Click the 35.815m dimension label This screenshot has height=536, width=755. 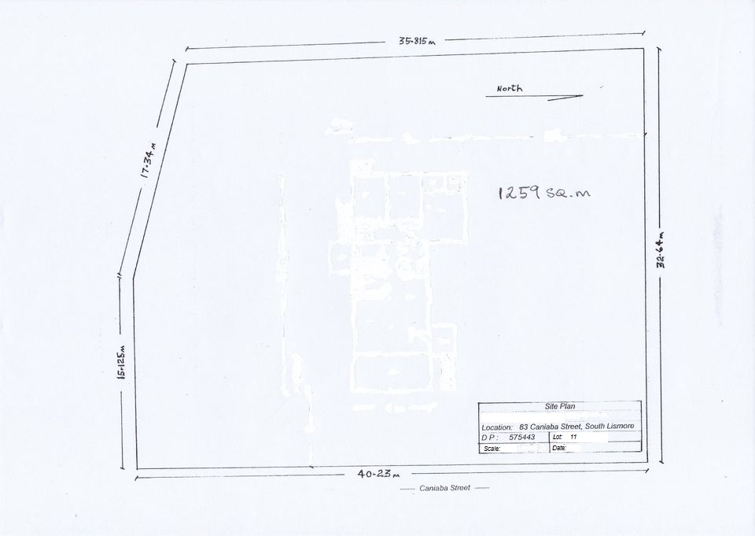tap(417, 41)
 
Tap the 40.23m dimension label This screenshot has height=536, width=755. tap(378, 475)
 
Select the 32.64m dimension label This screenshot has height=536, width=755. tap(661, 249)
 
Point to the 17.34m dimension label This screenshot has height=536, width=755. tap(149, 160)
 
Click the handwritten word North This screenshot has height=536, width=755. tap(510, 88)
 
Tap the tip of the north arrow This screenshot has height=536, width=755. tap(583, 95)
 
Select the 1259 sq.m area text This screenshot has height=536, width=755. tap(544, 193)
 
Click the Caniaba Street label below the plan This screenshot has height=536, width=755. tap(444, 488)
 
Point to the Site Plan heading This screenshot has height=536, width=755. tap(559, 406)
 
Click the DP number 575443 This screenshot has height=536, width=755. tap(522, 437)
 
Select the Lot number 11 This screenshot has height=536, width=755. tap(573, 437)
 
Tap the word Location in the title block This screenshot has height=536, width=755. tap(497, 427)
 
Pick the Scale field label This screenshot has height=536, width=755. tap(492, 449)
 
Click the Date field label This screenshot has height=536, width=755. tap(559, 448)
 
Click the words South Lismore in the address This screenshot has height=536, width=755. tap(610, 426)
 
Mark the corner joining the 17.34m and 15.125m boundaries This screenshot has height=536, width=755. tap(134, 278)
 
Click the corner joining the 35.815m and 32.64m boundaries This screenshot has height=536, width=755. tap(644, 48)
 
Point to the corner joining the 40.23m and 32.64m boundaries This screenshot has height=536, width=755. tap(647, 462)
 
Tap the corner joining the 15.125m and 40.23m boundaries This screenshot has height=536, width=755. tap(137, 468)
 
